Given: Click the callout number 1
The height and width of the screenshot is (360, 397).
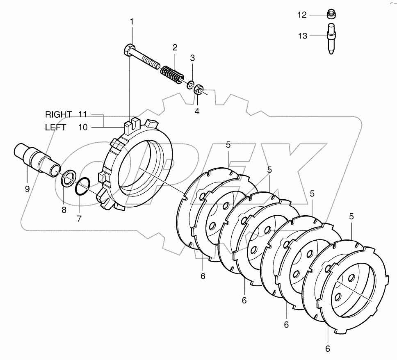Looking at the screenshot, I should click(x=132, y=21).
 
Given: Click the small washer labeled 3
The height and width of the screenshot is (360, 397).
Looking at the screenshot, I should click(x=191, y=85).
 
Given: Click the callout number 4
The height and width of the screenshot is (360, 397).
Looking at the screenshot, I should click(x=197, y=111).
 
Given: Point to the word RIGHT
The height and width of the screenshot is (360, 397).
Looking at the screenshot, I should click(x=59, y=114).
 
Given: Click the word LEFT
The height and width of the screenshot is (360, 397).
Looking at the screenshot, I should click(x=55, y=128).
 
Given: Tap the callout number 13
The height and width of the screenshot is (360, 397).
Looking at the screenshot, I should click(x=302, y=36).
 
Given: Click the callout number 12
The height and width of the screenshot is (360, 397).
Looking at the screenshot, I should click(x=302, y=15).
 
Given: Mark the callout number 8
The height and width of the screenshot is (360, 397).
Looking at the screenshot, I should click(x=64, y=210).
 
